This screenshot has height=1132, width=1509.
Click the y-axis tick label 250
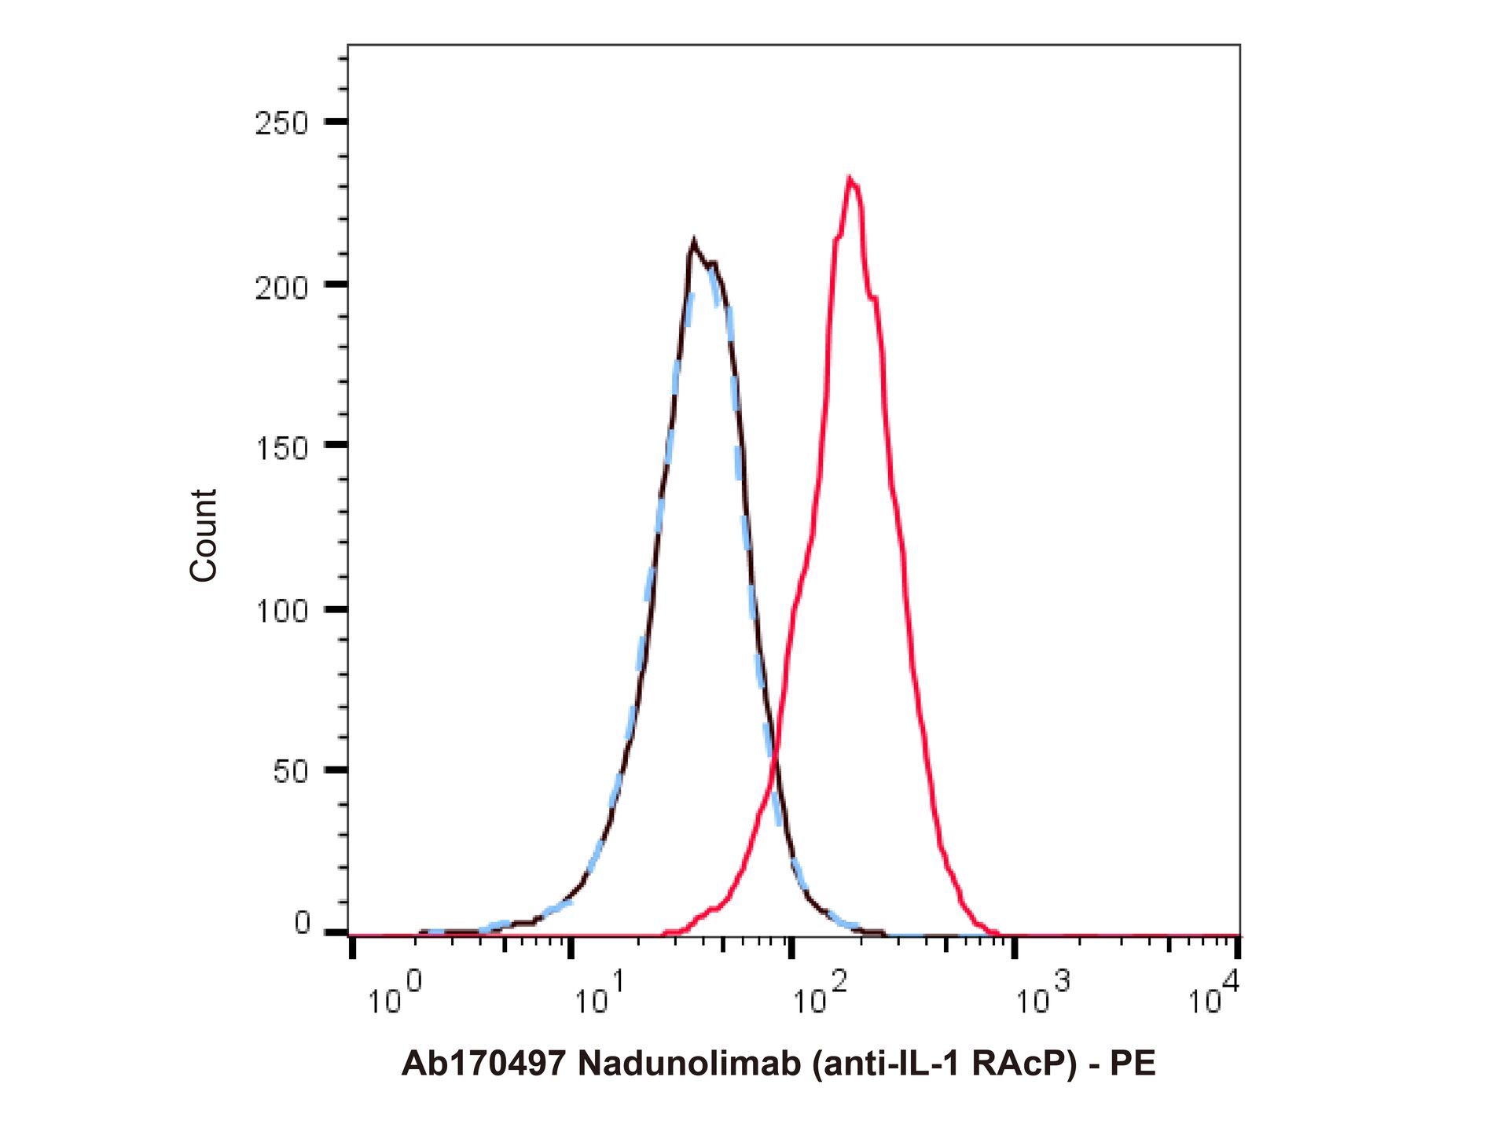point(281,123)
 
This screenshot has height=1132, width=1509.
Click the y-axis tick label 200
point(281,288)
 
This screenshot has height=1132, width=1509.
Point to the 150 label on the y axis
point(281,449)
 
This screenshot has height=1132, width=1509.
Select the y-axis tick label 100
point(281,611)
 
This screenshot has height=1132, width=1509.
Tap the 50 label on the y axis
point(290,772)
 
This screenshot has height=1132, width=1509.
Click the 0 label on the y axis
point(303,923)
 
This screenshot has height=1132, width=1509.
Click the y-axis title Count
point(204,535)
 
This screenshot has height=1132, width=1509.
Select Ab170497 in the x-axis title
point(483,1064)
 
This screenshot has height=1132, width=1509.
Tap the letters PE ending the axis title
point(1133,1064)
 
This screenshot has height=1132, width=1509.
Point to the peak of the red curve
point(850,178)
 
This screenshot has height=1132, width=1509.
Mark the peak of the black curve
point(693,241)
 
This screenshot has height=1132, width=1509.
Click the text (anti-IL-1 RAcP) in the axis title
point(944,1064)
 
